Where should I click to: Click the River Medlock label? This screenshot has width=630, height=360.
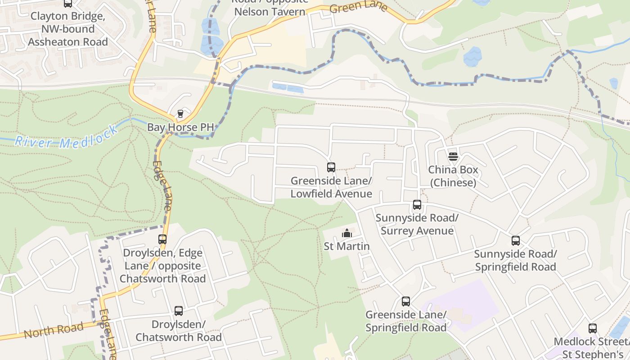click(67, 136)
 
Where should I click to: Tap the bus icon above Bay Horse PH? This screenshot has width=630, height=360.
click(180, 113)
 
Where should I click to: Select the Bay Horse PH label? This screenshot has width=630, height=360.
click(180, 127)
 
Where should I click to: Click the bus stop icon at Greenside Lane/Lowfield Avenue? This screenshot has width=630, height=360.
click(331, 167)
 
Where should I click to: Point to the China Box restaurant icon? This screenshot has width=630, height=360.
click(453, 157)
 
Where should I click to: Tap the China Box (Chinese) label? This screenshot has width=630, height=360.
click(453, 176)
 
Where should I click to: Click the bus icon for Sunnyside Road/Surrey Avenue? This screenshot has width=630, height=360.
click(417, 205)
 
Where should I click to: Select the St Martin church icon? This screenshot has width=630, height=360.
click(347, 233)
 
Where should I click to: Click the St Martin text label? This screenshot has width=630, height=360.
click(347, 246)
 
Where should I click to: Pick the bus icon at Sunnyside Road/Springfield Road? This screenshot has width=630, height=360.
click(516, 241)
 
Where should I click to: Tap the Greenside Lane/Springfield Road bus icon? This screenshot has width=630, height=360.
click(406, 301)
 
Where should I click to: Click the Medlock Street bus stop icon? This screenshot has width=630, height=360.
click(593, 328)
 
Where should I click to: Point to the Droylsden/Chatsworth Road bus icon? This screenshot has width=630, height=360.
click(179, 311)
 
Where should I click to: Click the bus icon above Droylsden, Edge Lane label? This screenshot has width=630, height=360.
click(162, 239)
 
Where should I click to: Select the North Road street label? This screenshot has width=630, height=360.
click(54, 331)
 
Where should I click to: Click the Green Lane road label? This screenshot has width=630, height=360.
click(359, 7)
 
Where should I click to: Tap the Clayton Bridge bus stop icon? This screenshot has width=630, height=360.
click(68, 4)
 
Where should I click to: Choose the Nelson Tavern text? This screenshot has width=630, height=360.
click(270, 12)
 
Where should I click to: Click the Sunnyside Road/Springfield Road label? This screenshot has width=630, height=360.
click(516, 260)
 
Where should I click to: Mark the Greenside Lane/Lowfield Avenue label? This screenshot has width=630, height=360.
click(331, 187)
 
